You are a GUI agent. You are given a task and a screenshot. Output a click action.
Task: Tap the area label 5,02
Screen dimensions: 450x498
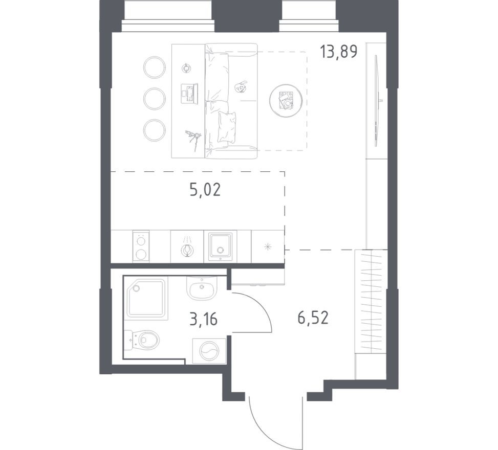pos(205,190)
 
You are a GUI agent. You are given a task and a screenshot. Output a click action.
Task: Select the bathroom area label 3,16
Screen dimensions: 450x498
pos(203,320)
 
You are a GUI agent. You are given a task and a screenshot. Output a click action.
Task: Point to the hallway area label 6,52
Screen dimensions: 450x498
pos(312,318)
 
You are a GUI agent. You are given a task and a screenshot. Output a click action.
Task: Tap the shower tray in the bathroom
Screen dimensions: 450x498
pos(146,298)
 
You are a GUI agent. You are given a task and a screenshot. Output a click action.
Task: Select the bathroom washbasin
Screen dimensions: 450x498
pos(202,289)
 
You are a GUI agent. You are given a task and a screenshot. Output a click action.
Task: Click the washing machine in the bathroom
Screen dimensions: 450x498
pos(209,351)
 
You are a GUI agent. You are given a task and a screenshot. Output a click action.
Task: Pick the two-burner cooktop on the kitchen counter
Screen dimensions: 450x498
pos(141,246)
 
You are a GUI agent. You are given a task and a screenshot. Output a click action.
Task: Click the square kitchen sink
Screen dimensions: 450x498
pos(221,246)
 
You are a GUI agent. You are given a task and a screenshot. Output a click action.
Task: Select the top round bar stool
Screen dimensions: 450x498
pos(154,67)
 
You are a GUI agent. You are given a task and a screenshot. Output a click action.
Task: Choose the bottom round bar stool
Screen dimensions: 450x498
pos(154,130)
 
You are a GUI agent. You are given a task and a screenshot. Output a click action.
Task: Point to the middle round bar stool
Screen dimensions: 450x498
pos(154,99)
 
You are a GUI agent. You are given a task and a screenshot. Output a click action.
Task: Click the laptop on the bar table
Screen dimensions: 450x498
pos(188,94)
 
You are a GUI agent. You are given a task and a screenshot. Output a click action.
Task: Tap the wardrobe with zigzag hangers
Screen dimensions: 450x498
pos(372,301)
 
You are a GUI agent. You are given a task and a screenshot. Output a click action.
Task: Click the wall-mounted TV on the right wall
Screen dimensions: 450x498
pos(377,101)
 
